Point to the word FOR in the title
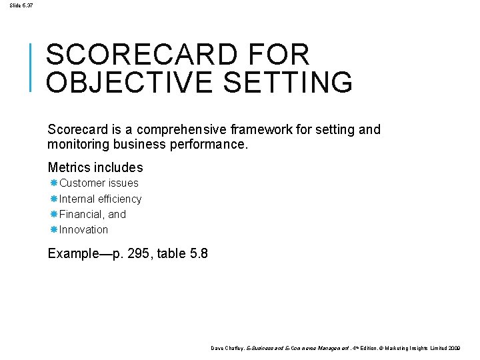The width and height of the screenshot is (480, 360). pos(279,55)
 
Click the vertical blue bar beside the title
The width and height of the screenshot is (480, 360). pos(32,66)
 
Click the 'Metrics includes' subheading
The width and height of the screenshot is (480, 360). pos(95,167)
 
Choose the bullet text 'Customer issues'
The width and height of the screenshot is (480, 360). pos(99,183)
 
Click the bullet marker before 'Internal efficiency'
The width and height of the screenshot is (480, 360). pos(53,199)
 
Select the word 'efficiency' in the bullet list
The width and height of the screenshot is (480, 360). pos(119,199)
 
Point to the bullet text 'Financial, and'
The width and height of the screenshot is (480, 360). pos(93,214)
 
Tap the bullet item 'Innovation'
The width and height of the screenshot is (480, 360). pos(83,229)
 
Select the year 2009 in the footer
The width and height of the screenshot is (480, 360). pos(455,349)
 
